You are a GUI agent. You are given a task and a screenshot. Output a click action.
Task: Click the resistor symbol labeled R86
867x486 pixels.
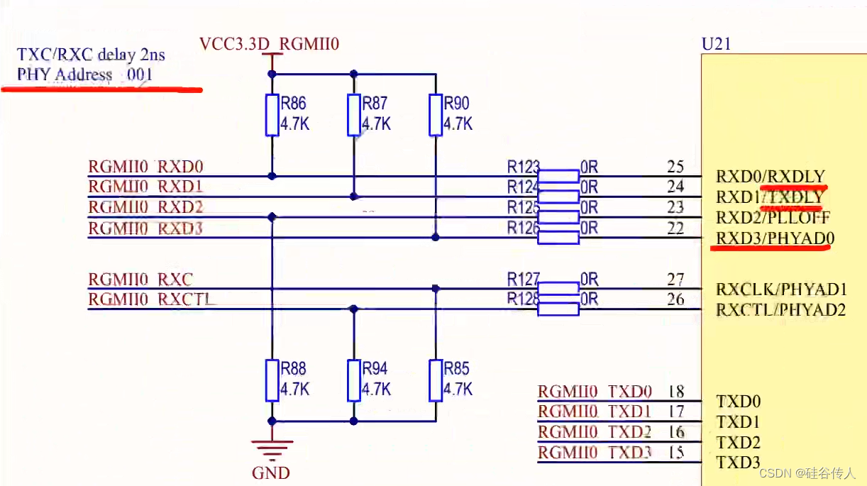(272, 115)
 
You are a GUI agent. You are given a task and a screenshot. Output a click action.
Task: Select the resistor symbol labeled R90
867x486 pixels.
(435, 115)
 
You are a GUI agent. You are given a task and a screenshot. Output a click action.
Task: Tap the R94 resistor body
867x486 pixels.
(353, 380)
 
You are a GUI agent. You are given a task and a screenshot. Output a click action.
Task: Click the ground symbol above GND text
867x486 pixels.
(272, 447)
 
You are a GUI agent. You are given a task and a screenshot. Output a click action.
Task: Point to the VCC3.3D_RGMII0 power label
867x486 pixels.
(270, 45)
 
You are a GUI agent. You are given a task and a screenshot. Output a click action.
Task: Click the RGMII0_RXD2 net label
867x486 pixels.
(145, 207)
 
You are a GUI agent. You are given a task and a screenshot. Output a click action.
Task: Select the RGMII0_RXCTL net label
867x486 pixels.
(151, 299)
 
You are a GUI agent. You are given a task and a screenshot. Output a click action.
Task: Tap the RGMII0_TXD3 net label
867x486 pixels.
(595, 452)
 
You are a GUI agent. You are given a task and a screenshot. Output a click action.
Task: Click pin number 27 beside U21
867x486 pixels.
(675, 279)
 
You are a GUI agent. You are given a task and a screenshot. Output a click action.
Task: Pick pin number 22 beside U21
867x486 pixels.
(675, 228)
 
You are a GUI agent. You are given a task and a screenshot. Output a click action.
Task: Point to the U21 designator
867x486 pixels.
(716, 44)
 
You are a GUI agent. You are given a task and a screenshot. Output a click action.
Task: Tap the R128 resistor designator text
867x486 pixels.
(523, 299)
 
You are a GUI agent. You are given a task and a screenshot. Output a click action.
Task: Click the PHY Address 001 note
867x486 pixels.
(85, 74)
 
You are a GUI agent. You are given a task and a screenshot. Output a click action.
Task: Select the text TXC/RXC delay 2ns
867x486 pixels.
(91, 54)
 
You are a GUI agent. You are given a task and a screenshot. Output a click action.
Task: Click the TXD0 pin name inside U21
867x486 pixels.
(738, 402)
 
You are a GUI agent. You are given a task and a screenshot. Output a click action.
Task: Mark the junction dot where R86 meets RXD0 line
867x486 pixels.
(272, 175)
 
